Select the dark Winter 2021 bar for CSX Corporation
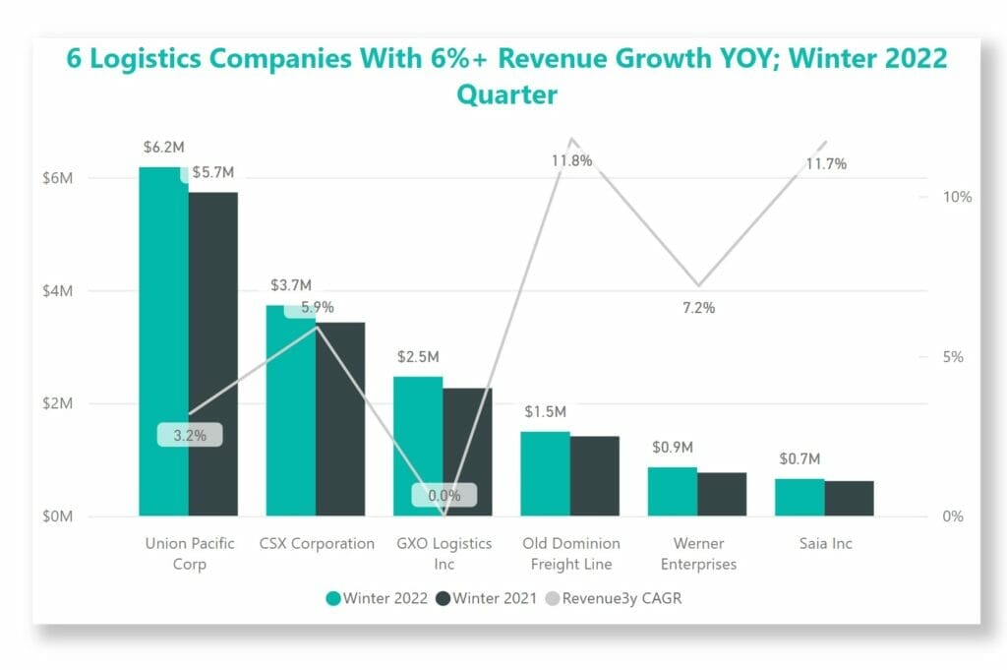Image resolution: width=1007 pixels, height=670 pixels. pos(340,419)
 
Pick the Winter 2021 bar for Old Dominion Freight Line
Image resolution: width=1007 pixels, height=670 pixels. pos(594,476)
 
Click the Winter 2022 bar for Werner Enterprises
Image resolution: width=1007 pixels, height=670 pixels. pos(673,491)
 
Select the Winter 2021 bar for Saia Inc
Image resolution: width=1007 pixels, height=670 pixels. pos(849,498)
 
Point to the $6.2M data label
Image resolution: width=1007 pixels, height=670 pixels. pos(163,148)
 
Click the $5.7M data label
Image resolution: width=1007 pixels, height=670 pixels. pos(213,172)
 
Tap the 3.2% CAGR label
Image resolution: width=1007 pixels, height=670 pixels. pos(190,435)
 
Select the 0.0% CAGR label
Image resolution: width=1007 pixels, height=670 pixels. pos(444,496)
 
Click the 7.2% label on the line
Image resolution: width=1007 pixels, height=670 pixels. pos(698,308)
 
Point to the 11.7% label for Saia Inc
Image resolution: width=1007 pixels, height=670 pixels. pos(825,164)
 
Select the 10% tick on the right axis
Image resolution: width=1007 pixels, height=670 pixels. pos(957,197)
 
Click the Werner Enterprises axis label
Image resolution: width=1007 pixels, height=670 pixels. pos(698,554)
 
